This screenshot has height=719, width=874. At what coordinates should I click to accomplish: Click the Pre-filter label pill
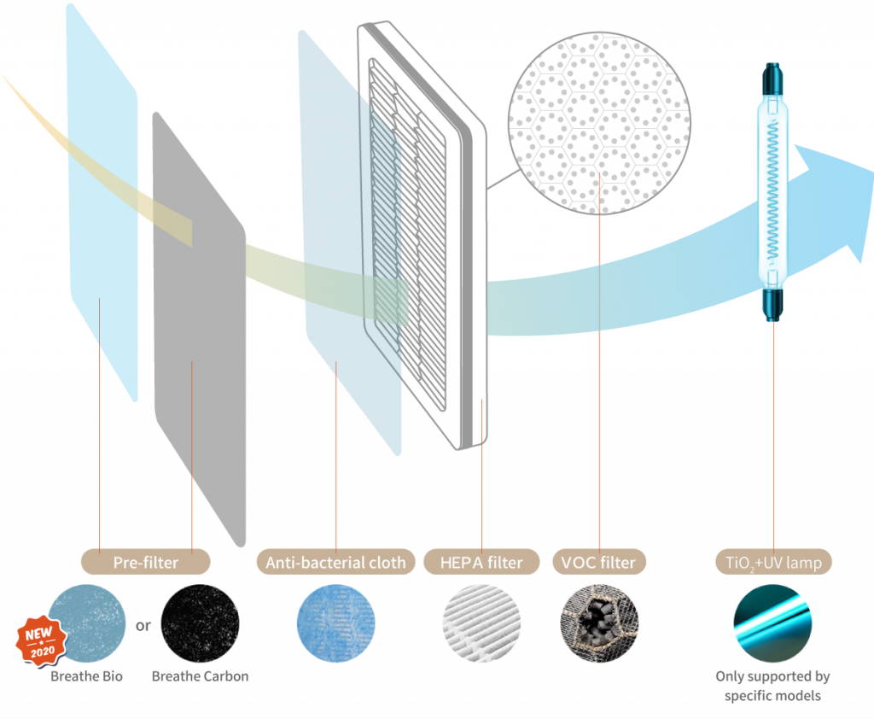(145, 563)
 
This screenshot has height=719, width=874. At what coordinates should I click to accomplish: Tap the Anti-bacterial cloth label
(335, 563)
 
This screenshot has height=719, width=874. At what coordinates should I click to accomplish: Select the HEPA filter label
(482, 563)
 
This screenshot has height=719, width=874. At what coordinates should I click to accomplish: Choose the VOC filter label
(599, 563)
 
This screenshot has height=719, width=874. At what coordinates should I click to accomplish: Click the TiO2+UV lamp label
(773, 563)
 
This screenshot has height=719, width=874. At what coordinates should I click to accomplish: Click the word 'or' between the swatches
(143, 625)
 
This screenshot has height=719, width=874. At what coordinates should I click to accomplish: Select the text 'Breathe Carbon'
(201, 676)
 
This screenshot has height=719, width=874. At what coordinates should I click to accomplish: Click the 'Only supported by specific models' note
(772, 686)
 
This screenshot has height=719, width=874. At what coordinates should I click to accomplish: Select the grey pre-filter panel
(198, 324)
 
